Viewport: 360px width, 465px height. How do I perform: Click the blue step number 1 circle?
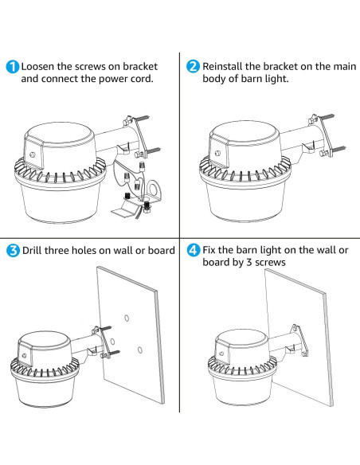[13, 67]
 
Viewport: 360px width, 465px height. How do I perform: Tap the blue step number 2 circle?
[193, 66]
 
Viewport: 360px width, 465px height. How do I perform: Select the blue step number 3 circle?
[13, 251]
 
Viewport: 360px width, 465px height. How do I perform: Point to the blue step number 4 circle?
[193, 250]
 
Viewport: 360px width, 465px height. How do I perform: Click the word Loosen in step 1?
[37, 66]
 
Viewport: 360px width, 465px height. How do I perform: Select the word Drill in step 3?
[32, 250]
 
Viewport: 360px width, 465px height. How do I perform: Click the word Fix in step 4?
[209, 250]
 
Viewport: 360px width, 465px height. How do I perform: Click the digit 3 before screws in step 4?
[249, 263]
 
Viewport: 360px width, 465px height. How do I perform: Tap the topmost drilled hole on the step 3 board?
[127, 318]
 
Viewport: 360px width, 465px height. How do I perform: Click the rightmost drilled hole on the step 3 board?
[140, 350]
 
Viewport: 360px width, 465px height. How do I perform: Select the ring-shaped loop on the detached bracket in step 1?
[154, 189]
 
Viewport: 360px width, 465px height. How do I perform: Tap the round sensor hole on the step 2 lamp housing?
[218, 154]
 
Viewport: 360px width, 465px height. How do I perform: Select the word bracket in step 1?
[140, 66]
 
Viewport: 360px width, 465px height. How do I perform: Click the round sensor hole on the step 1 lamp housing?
[33, 154]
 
